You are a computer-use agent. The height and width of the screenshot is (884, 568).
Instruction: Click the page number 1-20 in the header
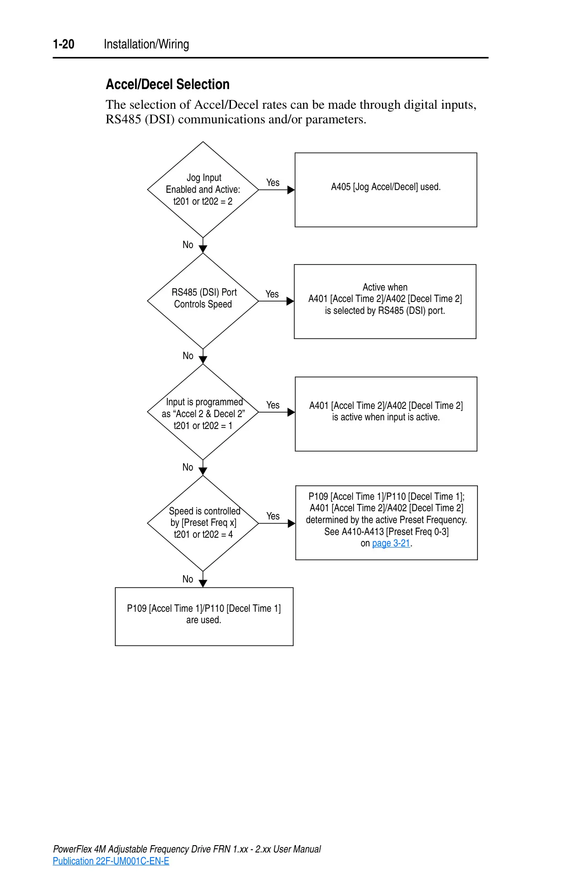click(64, 44)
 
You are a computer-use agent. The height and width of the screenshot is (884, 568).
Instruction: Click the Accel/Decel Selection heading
click(168, 85)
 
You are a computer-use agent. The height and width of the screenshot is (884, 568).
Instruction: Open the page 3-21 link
click(391, 543)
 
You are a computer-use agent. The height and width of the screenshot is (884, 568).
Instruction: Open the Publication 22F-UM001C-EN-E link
click(111, 861)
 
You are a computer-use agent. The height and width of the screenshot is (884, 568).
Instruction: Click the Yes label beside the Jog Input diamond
click(273, 183)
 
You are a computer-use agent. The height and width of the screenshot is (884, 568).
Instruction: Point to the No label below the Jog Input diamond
click(188, 245)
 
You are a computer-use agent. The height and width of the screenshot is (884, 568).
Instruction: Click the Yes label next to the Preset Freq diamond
click(273, 516)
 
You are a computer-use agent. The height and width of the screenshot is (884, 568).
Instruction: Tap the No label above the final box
click(188, 579)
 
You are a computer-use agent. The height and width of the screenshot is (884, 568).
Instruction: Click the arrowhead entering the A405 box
click(291, 190)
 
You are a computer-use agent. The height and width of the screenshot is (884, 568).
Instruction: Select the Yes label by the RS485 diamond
click(272, 294)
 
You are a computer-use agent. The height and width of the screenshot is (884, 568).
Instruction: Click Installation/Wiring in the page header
click(146, 44)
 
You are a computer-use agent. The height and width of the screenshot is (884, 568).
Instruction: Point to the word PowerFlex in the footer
click(73, 849)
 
